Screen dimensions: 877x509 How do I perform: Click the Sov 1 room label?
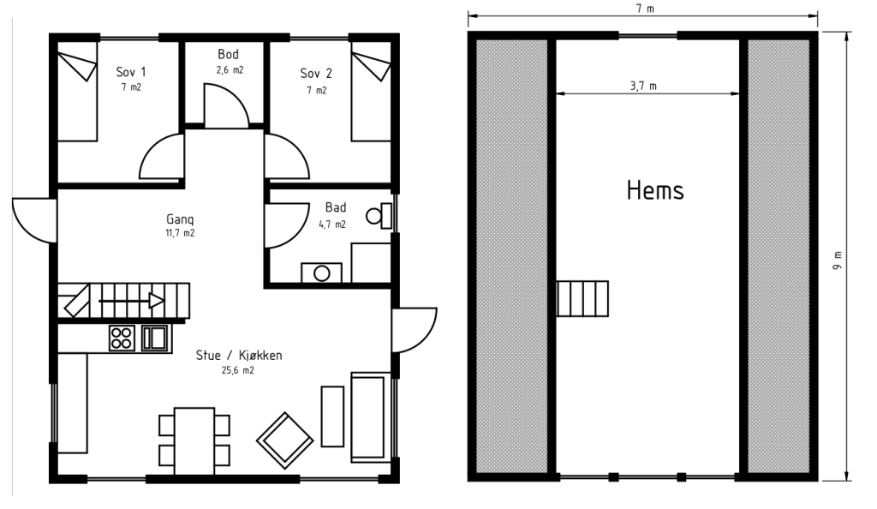coord(131,72)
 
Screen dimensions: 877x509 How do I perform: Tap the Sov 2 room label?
coord(316,74)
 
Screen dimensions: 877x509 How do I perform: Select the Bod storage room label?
coord(228,54)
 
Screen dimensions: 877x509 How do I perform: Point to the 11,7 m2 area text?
coord(180,233)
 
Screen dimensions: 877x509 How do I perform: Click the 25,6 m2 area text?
coord(238,370)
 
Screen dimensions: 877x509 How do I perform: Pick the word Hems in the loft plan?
coord(655,190)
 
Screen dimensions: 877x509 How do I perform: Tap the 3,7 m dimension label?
coord(643,87)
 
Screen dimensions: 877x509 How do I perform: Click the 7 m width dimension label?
coord(645,9)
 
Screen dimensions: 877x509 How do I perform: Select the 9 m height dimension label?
coord(837,260)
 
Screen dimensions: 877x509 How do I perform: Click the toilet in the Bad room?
coord(379,216)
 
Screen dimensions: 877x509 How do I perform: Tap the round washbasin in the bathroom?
coord(322,273)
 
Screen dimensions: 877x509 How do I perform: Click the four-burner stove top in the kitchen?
coord(122,338)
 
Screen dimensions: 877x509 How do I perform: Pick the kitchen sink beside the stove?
coord(155,338)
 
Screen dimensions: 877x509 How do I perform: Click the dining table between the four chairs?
coord(194,440)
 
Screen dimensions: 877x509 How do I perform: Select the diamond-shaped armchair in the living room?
coord(284,440)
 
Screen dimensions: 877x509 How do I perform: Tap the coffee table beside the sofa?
coord(332,416)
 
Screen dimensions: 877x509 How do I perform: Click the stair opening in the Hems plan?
coord(582,299)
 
